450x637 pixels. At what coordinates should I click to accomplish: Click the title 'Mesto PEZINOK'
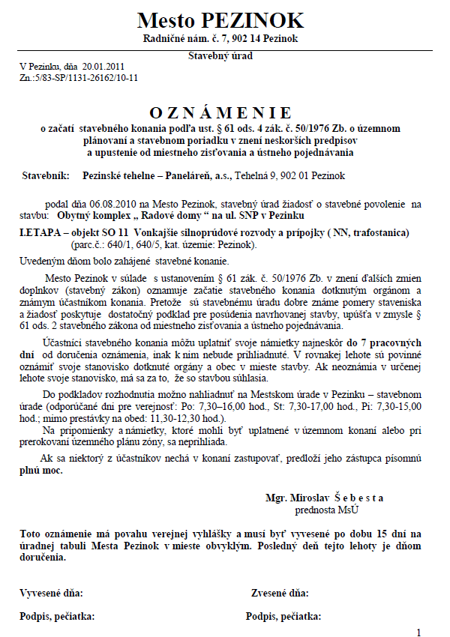click(220, 19)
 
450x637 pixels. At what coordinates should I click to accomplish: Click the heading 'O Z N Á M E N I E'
click(220, 113)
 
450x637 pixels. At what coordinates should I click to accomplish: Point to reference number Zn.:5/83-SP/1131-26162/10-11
click(79, 76)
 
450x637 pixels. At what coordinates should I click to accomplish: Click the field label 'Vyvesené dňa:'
click(51, 593)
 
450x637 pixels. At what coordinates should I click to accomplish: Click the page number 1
click(419, 632)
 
